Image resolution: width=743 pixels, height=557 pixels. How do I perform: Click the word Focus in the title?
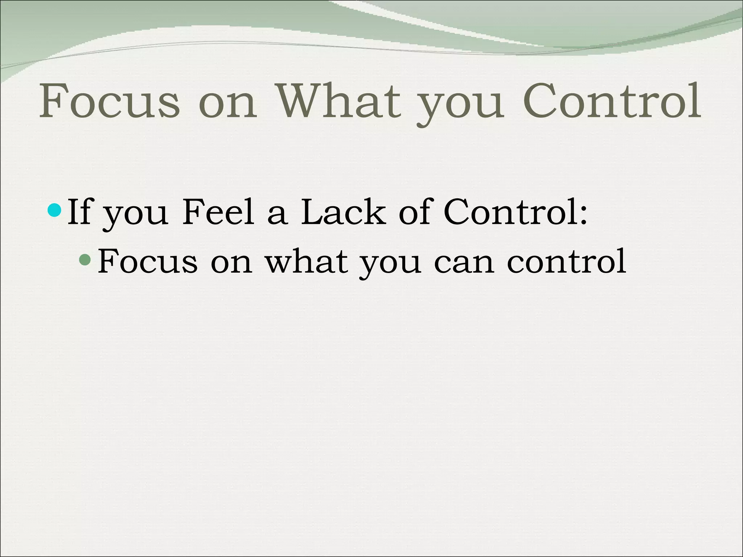[109, 101]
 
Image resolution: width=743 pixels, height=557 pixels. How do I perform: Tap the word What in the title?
[339, 101]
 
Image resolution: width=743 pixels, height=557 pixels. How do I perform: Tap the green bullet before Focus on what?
[85, 259]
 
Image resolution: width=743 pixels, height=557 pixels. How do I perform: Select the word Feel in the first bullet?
[218, 212]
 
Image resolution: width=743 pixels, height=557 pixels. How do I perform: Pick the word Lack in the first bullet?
[343, 212]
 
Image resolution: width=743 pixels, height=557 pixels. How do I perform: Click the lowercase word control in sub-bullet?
[566, 261]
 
